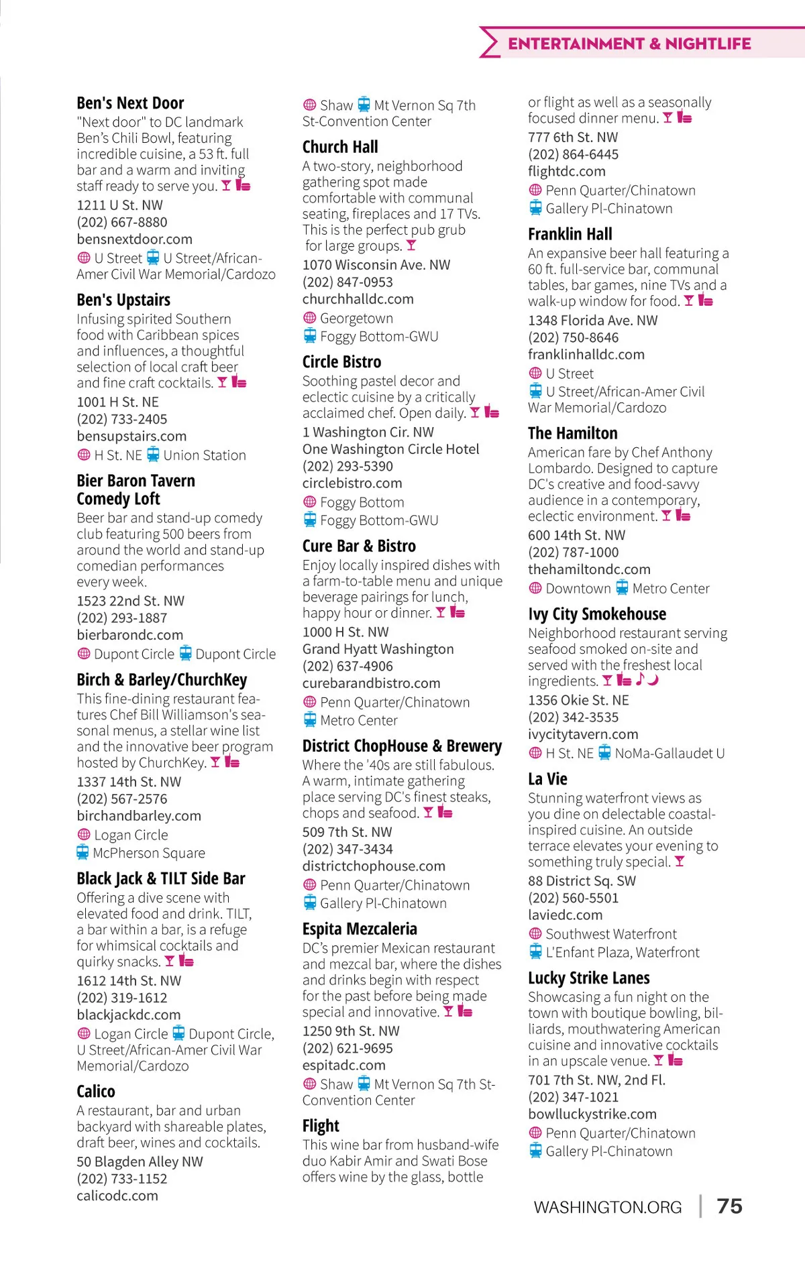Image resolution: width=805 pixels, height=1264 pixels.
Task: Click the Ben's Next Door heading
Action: [130, 103]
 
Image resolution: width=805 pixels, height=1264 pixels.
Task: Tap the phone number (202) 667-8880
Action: [122, 222]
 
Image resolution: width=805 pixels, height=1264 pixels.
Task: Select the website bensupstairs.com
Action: [131, 436]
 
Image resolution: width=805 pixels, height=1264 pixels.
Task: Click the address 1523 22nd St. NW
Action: [130, 601]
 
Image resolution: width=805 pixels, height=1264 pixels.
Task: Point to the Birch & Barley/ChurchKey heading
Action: [162, 680]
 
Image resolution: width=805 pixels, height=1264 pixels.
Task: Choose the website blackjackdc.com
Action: [129, 1015]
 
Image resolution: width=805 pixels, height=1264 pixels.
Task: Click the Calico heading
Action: [96, 1092]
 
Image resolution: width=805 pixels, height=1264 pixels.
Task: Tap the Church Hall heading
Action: [340, 147]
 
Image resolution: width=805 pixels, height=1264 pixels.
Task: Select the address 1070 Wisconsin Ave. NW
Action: [376, 265]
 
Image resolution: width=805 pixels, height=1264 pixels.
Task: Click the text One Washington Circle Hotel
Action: [390, 449]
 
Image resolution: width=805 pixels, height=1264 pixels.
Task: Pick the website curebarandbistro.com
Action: [371, 683]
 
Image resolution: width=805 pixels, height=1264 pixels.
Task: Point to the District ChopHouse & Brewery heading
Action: [402, 746]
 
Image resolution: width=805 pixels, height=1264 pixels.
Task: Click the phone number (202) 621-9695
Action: [347, 1048]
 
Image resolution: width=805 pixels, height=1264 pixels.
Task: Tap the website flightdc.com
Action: [566, 171]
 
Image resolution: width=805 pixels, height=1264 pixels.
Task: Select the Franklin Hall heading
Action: [570, 234]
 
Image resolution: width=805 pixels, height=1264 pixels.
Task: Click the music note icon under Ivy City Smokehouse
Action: [640, 679]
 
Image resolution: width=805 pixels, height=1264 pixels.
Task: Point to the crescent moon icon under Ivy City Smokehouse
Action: [653, 680]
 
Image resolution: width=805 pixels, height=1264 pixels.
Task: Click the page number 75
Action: [729, 1206]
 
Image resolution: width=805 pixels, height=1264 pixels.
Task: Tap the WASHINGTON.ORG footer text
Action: [607, 1208]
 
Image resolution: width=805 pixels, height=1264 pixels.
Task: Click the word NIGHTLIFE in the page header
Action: [708, 44]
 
